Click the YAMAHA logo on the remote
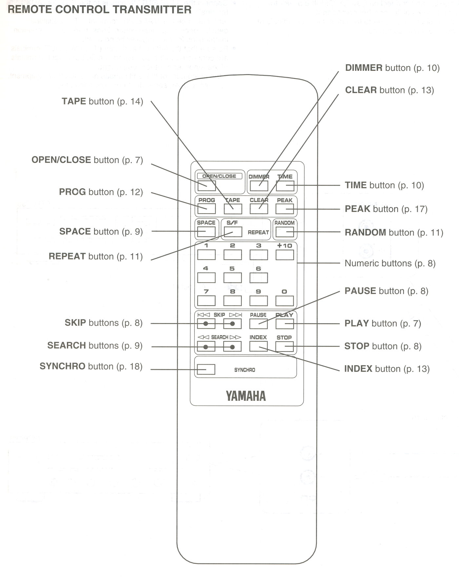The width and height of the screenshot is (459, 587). (246, 396)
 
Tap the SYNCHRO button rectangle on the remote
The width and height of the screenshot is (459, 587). (206, 369)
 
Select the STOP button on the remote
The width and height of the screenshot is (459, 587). (284, 346)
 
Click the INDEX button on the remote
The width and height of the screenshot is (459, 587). (258, 346)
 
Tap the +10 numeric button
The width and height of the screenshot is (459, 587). (285, 255)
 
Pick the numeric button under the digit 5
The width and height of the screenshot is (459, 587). (232, 278)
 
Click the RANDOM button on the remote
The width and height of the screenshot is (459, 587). (285, 232)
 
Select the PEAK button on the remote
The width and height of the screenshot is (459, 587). (285, 209)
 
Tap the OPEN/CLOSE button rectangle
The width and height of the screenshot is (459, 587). (207, 186)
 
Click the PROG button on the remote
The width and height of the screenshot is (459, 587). (207, 209)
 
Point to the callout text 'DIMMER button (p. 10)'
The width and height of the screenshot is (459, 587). (392, 68)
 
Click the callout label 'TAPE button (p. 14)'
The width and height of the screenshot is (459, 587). (102, 101)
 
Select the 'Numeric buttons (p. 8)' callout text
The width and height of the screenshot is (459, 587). (390, 263)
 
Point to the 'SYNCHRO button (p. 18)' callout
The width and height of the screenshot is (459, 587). (91, 366)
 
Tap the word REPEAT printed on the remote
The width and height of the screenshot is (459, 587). (258, 233)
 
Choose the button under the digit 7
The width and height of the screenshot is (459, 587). (206, 301)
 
